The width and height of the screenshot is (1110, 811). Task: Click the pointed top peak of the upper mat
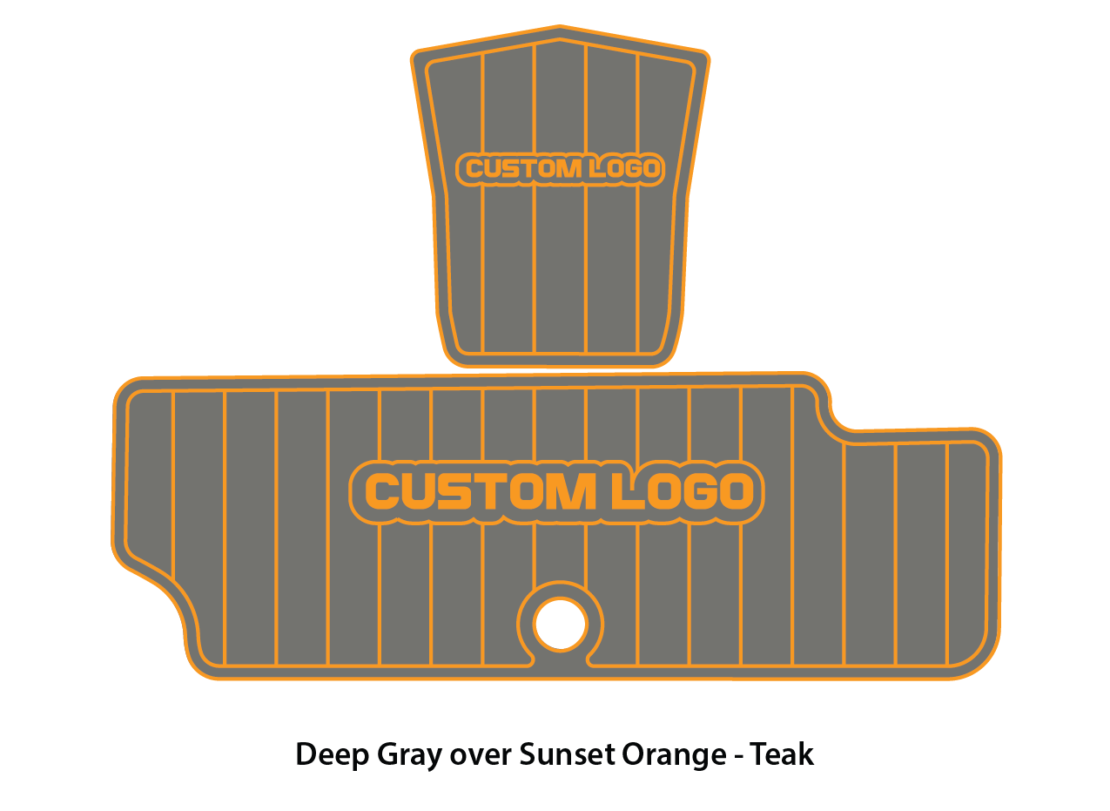pyautogui.click(x=560, y=29)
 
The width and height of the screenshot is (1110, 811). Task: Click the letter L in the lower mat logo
pyautogui.click(x=621, y=491)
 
